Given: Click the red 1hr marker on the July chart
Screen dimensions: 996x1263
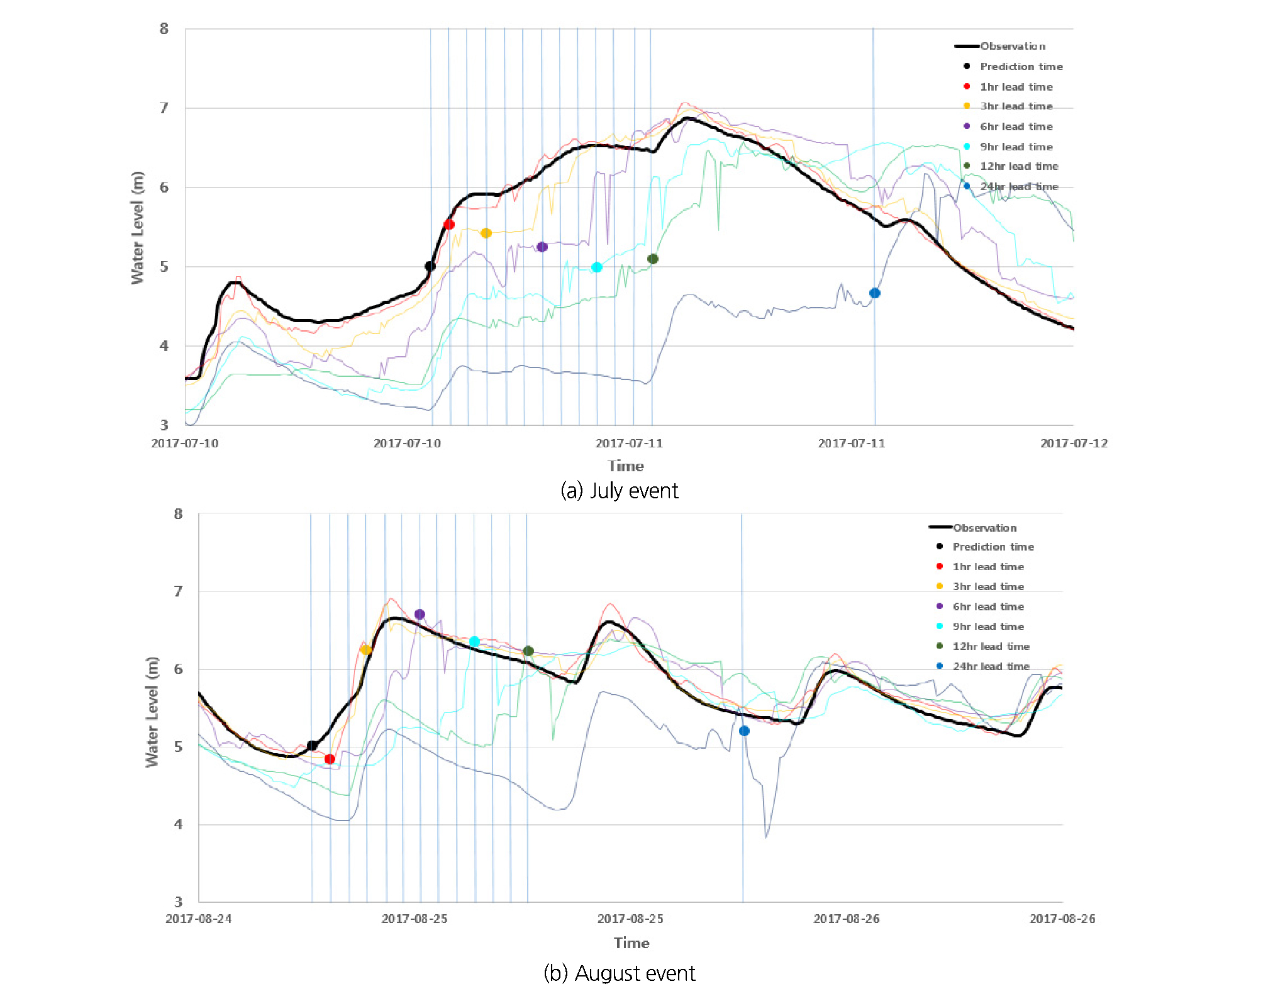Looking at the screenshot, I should coord(449,224).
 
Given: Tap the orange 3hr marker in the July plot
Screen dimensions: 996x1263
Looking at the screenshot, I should coord(486,233).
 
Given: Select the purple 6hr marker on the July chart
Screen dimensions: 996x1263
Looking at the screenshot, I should coord(542,247).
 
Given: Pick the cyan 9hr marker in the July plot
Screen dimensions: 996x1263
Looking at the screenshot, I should coord(597,267).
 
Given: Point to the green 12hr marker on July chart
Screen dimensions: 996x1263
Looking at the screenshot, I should coord(653,259).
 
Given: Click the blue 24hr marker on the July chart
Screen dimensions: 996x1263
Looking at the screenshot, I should coord(875,293).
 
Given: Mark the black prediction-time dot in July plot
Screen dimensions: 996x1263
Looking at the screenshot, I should coord(430,266).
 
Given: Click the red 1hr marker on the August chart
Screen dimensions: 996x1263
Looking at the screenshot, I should coord(330,759).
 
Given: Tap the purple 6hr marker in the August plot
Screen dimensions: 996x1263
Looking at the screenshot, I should coord(420,614).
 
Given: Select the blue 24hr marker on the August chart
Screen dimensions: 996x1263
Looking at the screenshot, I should coord(744,730).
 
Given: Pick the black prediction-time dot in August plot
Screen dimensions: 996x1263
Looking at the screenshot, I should coord(312,746).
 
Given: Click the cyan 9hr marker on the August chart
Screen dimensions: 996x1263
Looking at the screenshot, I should coord(474,641).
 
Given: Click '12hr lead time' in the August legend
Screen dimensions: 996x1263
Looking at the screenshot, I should coord(991,646).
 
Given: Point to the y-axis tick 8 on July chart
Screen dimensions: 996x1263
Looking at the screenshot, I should coord(164,28).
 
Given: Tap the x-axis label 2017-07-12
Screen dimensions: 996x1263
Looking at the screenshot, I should coord(1074,443).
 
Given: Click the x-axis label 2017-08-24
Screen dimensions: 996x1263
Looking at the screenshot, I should coord(198,919).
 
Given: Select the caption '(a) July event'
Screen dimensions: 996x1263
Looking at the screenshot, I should coord(620,490).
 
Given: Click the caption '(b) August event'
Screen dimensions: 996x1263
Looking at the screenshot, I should coord(620,973).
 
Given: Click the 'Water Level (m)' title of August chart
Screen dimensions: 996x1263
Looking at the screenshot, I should coord(153,712).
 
